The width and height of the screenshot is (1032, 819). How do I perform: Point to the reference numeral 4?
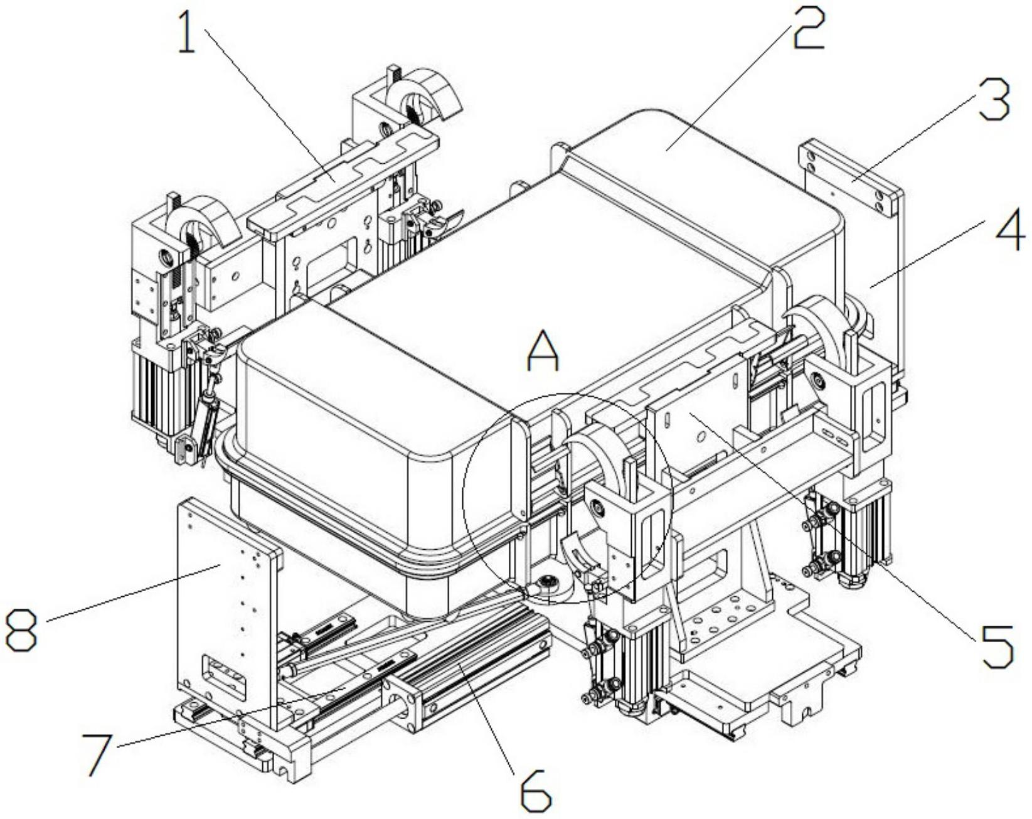(1009, 230)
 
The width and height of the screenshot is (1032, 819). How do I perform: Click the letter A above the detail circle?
(543, 351)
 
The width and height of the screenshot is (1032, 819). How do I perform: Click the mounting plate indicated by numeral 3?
(853, 182)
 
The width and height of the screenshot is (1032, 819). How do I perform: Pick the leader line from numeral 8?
(132, 593)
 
